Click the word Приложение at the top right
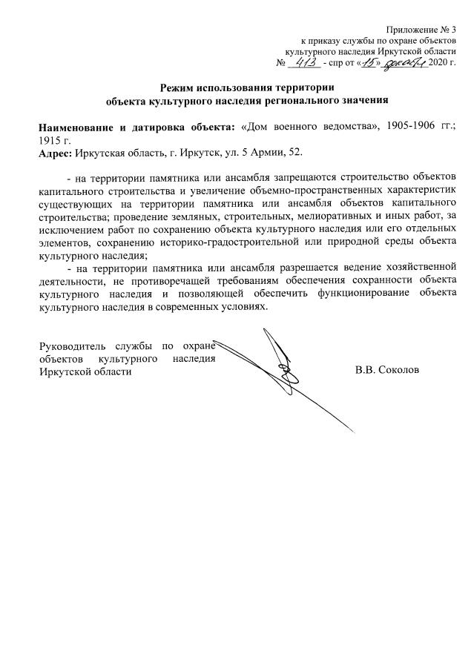click(x=420, y=28)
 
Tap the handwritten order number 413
click(x=306, y=62)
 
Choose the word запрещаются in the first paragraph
click(x=306, y=178)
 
